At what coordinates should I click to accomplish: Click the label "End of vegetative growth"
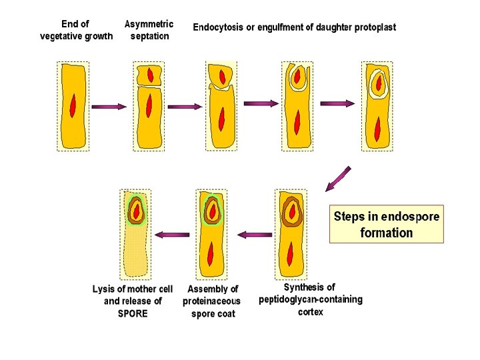pos(76,30)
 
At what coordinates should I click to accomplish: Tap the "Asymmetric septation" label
pos(149,30)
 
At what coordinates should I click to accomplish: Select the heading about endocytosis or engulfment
pos(294,27)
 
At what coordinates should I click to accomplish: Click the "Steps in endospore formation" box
pos(386,224)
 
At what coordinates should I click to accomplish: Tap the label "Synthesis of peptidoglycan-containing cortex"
pos(310,299)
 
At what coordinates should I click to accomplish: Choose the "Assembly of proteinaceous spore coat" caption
pos(212,301)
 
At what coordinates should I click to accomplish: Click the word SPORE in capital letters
pos(133,313)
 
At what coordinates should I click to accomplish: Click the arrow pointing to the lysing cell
pos(172,234)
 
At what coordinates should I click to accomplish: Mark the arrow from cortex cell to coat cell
pos(254,234)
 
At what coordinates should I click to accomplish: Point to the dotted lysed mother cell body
pos(137,253)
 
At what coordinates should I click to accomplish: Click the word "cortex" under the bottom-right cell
pos(310,312)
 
